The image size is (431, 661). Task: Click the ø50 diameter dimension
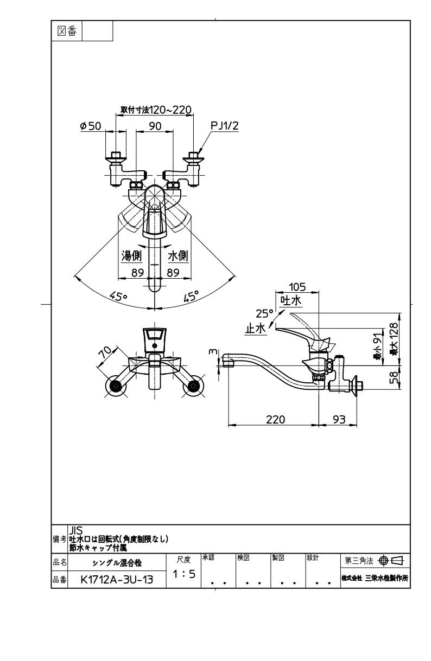coord(91,126)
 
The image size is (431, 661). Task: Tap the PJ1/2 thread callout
coord(225,125)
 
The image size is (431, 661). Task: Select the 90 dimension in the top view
coord(155,126)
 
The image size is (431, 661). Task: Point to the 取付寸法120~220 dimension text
coord(156,110)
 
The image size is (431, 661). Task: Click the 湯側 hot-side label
coord(131,255)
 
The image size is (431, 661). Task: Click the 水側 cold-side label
coord(178,255)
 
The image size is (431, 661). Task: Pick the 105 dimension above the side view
coord(297,287)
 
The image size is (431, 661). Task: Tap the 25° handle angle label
coord(264,313)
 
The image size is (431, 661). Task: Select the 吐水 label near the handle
coord(291,300)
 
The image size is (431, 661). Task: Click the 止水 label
coord(256,328)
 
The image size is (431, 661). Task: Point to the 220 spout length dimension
coord(275,419)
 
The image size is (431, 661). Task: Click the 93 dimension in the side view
coord(339,419)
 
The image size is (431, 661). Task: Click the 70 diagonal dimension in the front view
coord(105,352)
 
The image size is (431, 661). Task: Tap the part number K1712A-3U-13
coord(117,580)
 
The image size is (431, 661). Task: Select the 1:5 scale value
coord(183,574)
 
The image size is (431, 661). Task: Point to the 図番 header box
coord(67,31)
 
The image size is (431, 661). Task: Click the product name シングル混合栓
coord(117,563)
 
